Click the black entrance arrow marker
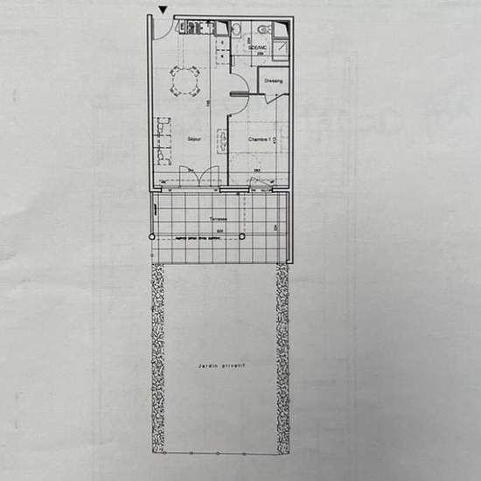162,10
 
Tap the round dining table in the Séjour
185,83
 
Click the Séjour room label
193,138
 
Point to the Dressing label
273,82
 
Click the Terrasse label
218,219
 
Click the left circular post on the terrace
152,237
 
